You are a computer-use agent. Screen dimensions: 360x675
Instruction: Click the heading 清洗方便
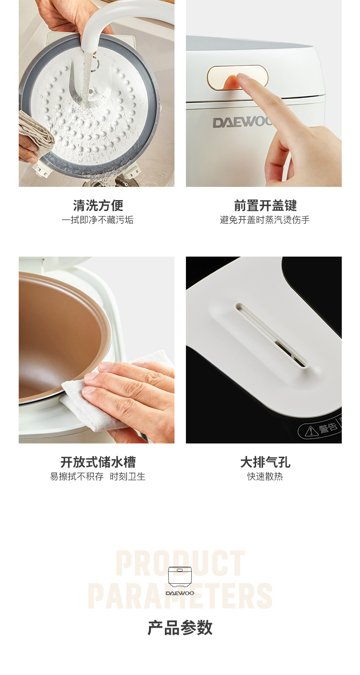(x=98, y=206)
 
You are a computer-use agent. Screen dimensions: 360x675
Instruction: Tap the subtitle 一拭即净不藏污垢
(x=98, y=220)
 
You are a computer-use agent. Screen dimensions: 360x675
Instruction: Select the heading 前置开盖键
(x=265, y=206)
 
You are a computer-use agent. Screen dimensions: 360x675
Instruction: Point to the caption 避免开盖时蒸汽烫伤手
(x=264, y=220)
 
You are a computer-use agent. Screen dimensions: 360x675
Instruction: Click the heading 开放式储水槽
(x=98, y=462)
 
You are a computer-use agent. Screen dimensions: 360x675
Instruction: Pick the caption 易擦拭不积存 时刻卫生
(x=98, y=476)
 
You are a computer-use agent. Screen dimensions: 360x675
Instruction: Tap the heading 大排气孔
(x=265, y=462)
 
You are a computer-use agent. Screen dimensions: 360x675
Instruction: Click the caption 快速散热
(x=265, y=476)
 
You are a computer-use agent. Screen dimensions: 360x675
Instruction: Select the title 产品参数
(x=180, y=628)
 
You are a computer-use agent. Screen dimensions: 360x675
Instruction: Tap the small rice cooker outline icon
(x=180, y=577)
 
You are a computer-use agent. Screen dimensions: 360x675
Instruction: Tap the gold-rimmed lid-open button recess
(x=237, y=78)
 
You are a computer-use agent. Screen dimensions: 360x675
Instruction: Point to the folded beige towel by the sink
(x=35, y=133)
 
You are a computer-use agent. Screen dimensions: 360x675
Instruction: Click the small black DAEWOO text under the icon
(x=180, y=593)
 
